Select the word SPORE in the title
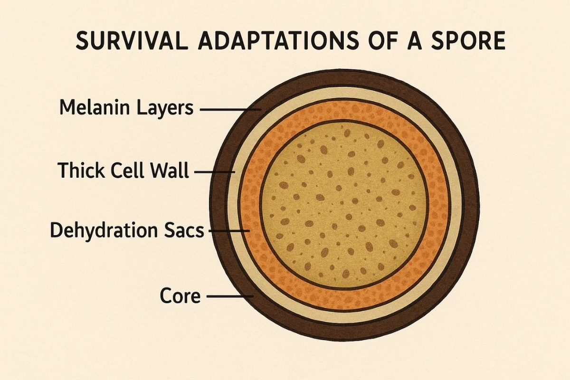[468, 41]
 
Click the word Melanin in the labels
[95, 107]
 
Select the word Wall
[171, 170]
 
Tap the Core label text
[180, 295]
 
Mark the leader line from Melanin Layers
[230, 110]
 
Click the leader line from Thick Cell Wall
[215, 172]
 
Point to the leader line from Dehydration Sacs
[229, 231]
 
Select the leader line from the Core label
[230, 296]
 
